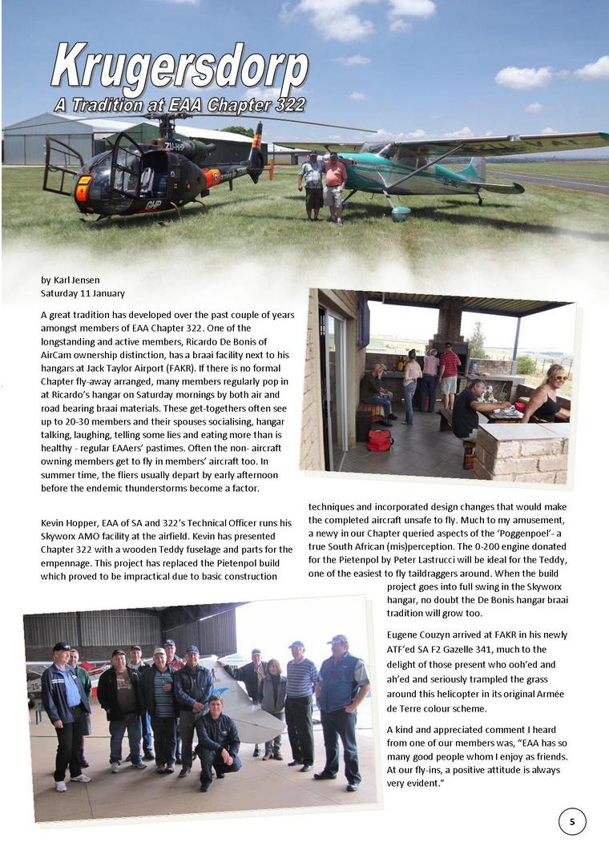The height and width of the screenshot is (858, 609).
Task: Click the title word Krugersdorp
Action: (179, 70)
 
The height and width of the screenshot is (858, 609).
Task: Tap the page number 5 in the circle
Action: (571, 821)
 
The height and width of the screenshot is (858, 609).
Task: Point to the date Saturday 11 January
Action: (83, 293)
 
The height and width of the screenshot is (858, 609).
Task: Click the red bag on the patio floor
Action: (380, 440)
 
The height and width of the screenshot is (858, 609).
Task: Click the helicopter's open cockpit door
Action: (62, 167)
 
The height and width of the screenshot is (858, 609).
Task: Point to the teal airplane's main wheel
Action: (401, 212)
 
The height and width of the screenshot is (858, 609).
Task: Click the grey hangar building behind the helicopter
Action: (48, 140)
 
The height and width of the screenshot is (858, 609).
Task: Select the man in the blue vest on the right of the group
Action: (340, 705)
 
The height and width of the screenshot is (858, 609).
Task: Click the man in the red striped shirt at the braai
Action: (449, 373)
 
